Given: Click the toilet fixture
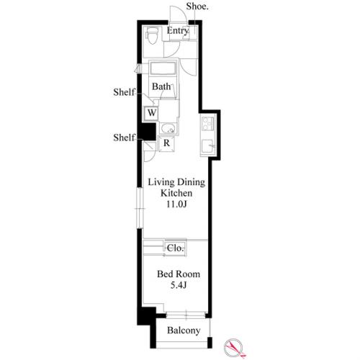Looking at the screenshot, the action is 152,35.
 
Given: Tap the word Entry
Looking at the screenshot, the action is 178,31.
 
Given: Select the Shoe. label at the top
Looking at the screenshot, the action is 197,6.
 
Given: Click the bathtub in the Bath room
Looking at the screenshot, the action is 163,68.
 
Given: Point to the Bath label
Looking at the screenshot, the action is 161,86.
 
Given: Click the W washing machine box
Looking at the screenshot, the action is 151,112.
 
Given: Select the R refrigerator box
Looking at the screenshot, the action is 166,143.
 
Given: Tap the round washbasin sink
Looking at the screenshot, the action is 168,129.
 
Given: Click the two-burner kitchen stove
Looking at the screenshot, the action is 208,123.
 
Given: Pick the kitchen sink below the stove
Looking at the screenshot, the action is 208,146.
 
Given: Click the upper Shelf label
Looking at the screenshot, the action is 124,92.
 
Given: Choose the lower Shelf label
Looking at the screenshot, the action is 124,138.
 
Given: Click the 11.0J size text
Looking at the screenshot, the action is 177,204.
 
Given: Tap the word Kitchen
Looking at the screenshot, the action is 176,193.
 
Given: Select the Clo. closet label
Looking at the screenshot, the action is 176,248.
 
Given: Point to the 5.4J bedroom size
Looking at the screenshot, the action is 179,285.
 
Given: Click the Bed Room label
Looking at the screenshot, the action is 179,274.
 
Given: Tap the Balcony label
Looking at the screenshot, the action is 184,330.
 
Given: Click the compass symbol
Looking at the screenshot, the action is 234,348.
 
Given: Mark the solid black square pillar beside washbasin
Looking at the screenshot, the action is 148,132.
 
